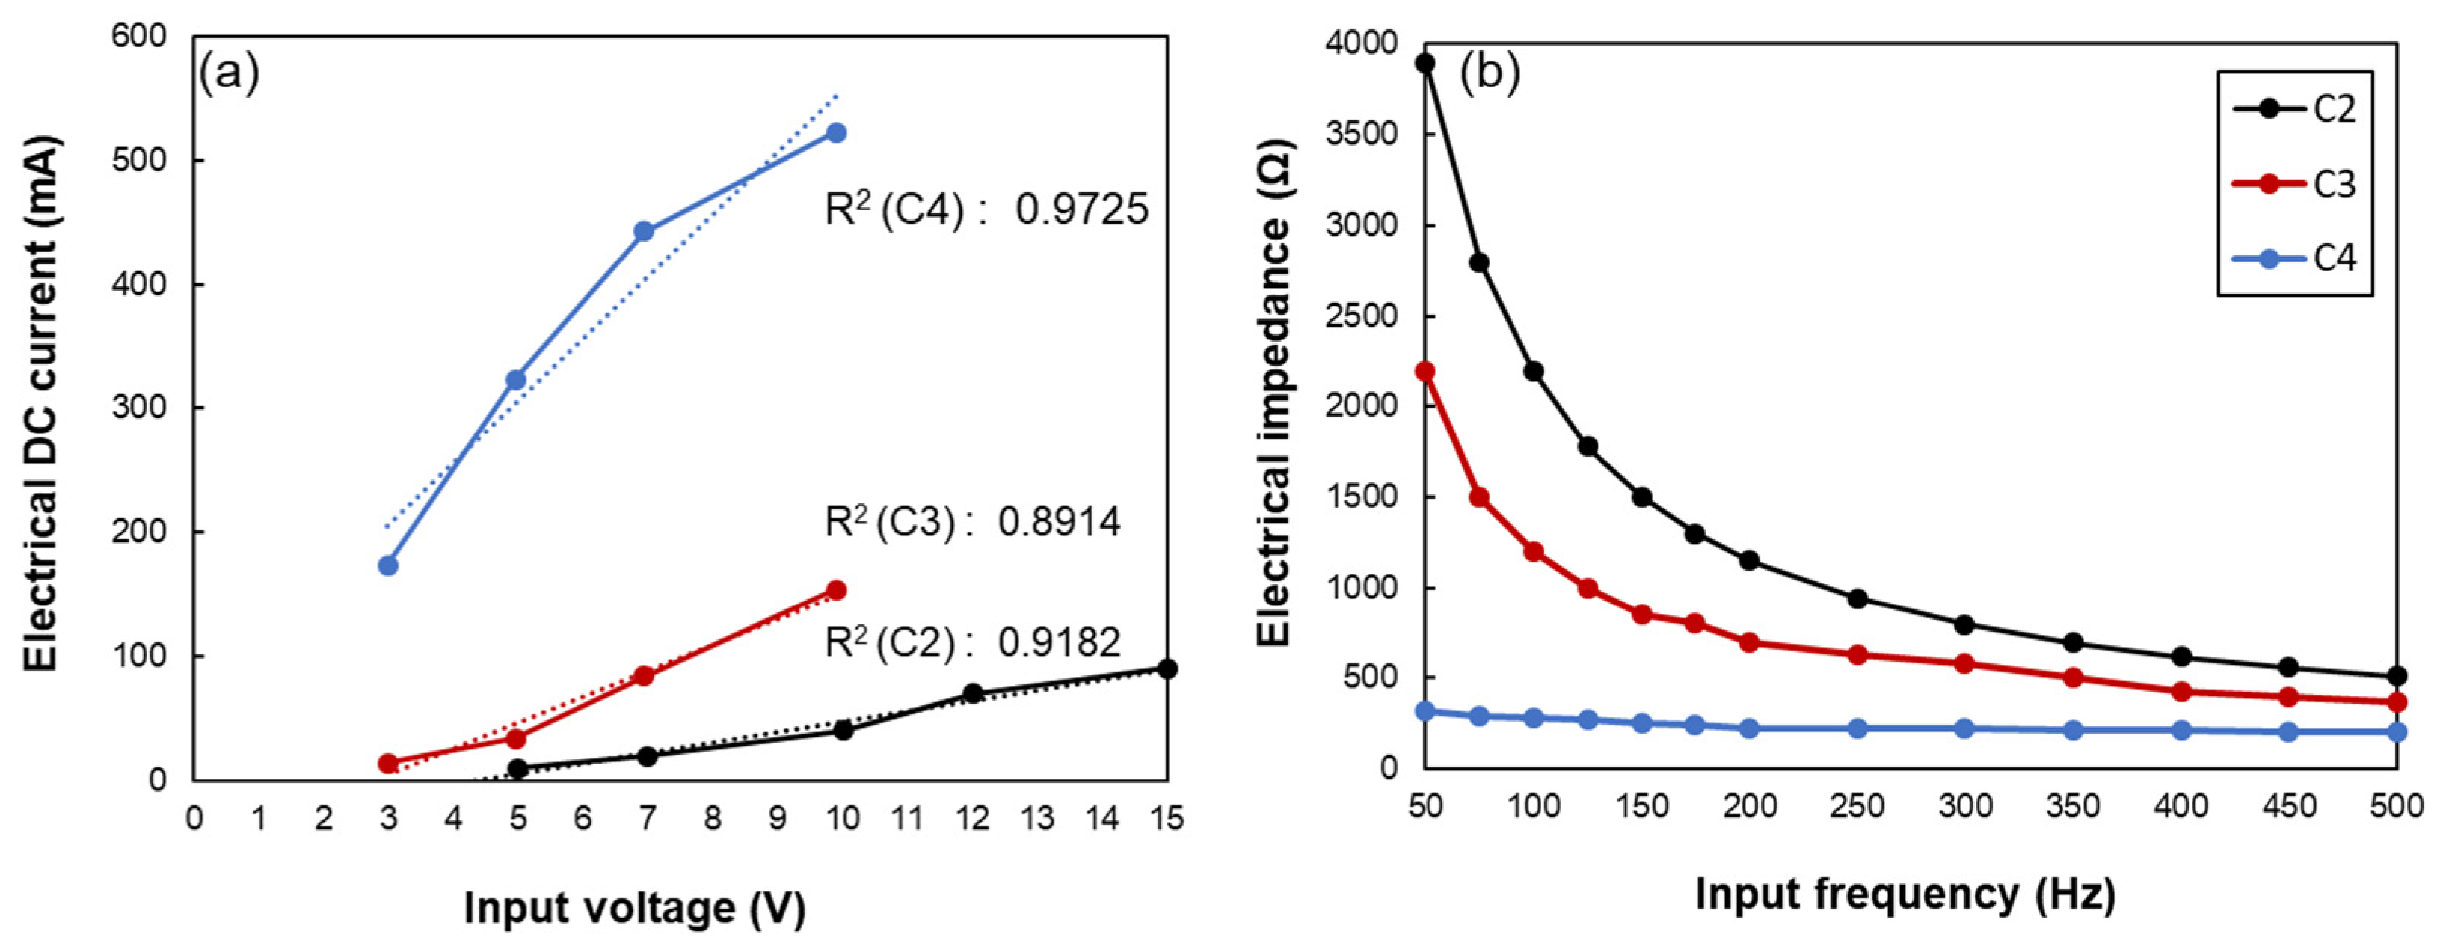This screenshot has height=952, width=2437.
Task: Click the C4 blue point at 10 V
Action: click(836, 133)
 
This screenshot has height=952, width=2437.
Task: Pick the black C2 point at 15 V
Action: click(1167, 669)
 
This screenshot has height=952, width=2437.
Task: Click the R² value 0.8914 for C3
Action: click(1059, 523)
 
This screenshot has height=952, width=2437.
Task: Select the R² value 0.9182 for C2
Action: click(1059, 642)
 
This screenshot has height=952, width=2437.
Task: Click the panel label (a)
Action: click(228, 74)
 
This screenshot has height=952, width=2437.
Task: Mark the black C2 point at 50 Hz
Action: click(1425, 64)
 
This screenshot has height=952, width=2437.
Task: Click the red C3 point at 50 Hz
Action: click(1425, 371)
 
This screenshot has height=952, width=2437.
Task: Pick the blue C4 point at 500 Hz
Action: click(2397, 731)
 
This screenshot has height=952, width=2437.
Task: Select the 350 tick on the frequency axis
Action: click(2072, 807)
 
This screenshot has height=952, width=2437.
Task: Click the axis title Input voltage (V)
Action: click(635, 909)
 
